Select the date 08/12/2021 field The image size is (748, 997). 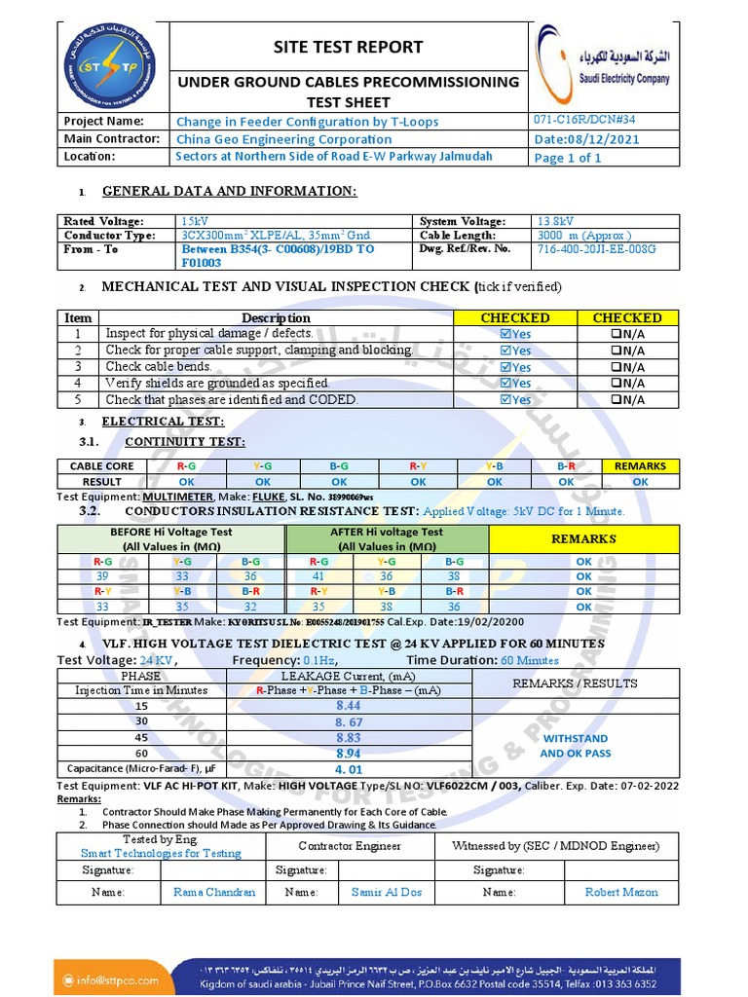[587, 139]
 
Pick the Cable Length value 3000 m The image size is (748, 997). [583, 235]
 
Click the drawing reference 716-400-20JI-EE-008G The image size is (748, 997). [596, 249]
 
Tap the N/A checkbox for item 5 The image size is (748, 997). [617, 399]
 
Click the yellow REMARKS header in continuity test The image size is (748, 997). [640, 466]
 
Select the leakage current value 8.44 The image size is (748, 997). [348, 705]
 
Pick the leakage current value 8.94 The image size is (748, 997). [348, 754]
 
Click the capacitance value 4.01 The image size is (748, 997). [348, 770]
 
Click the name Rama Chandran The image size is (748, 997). [214, 892]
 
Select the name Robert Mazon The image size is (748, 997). [620, 892]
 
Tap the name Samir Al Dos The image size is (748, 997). [386, 892]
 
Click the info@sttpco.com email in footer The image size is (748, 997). [116, 979]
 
